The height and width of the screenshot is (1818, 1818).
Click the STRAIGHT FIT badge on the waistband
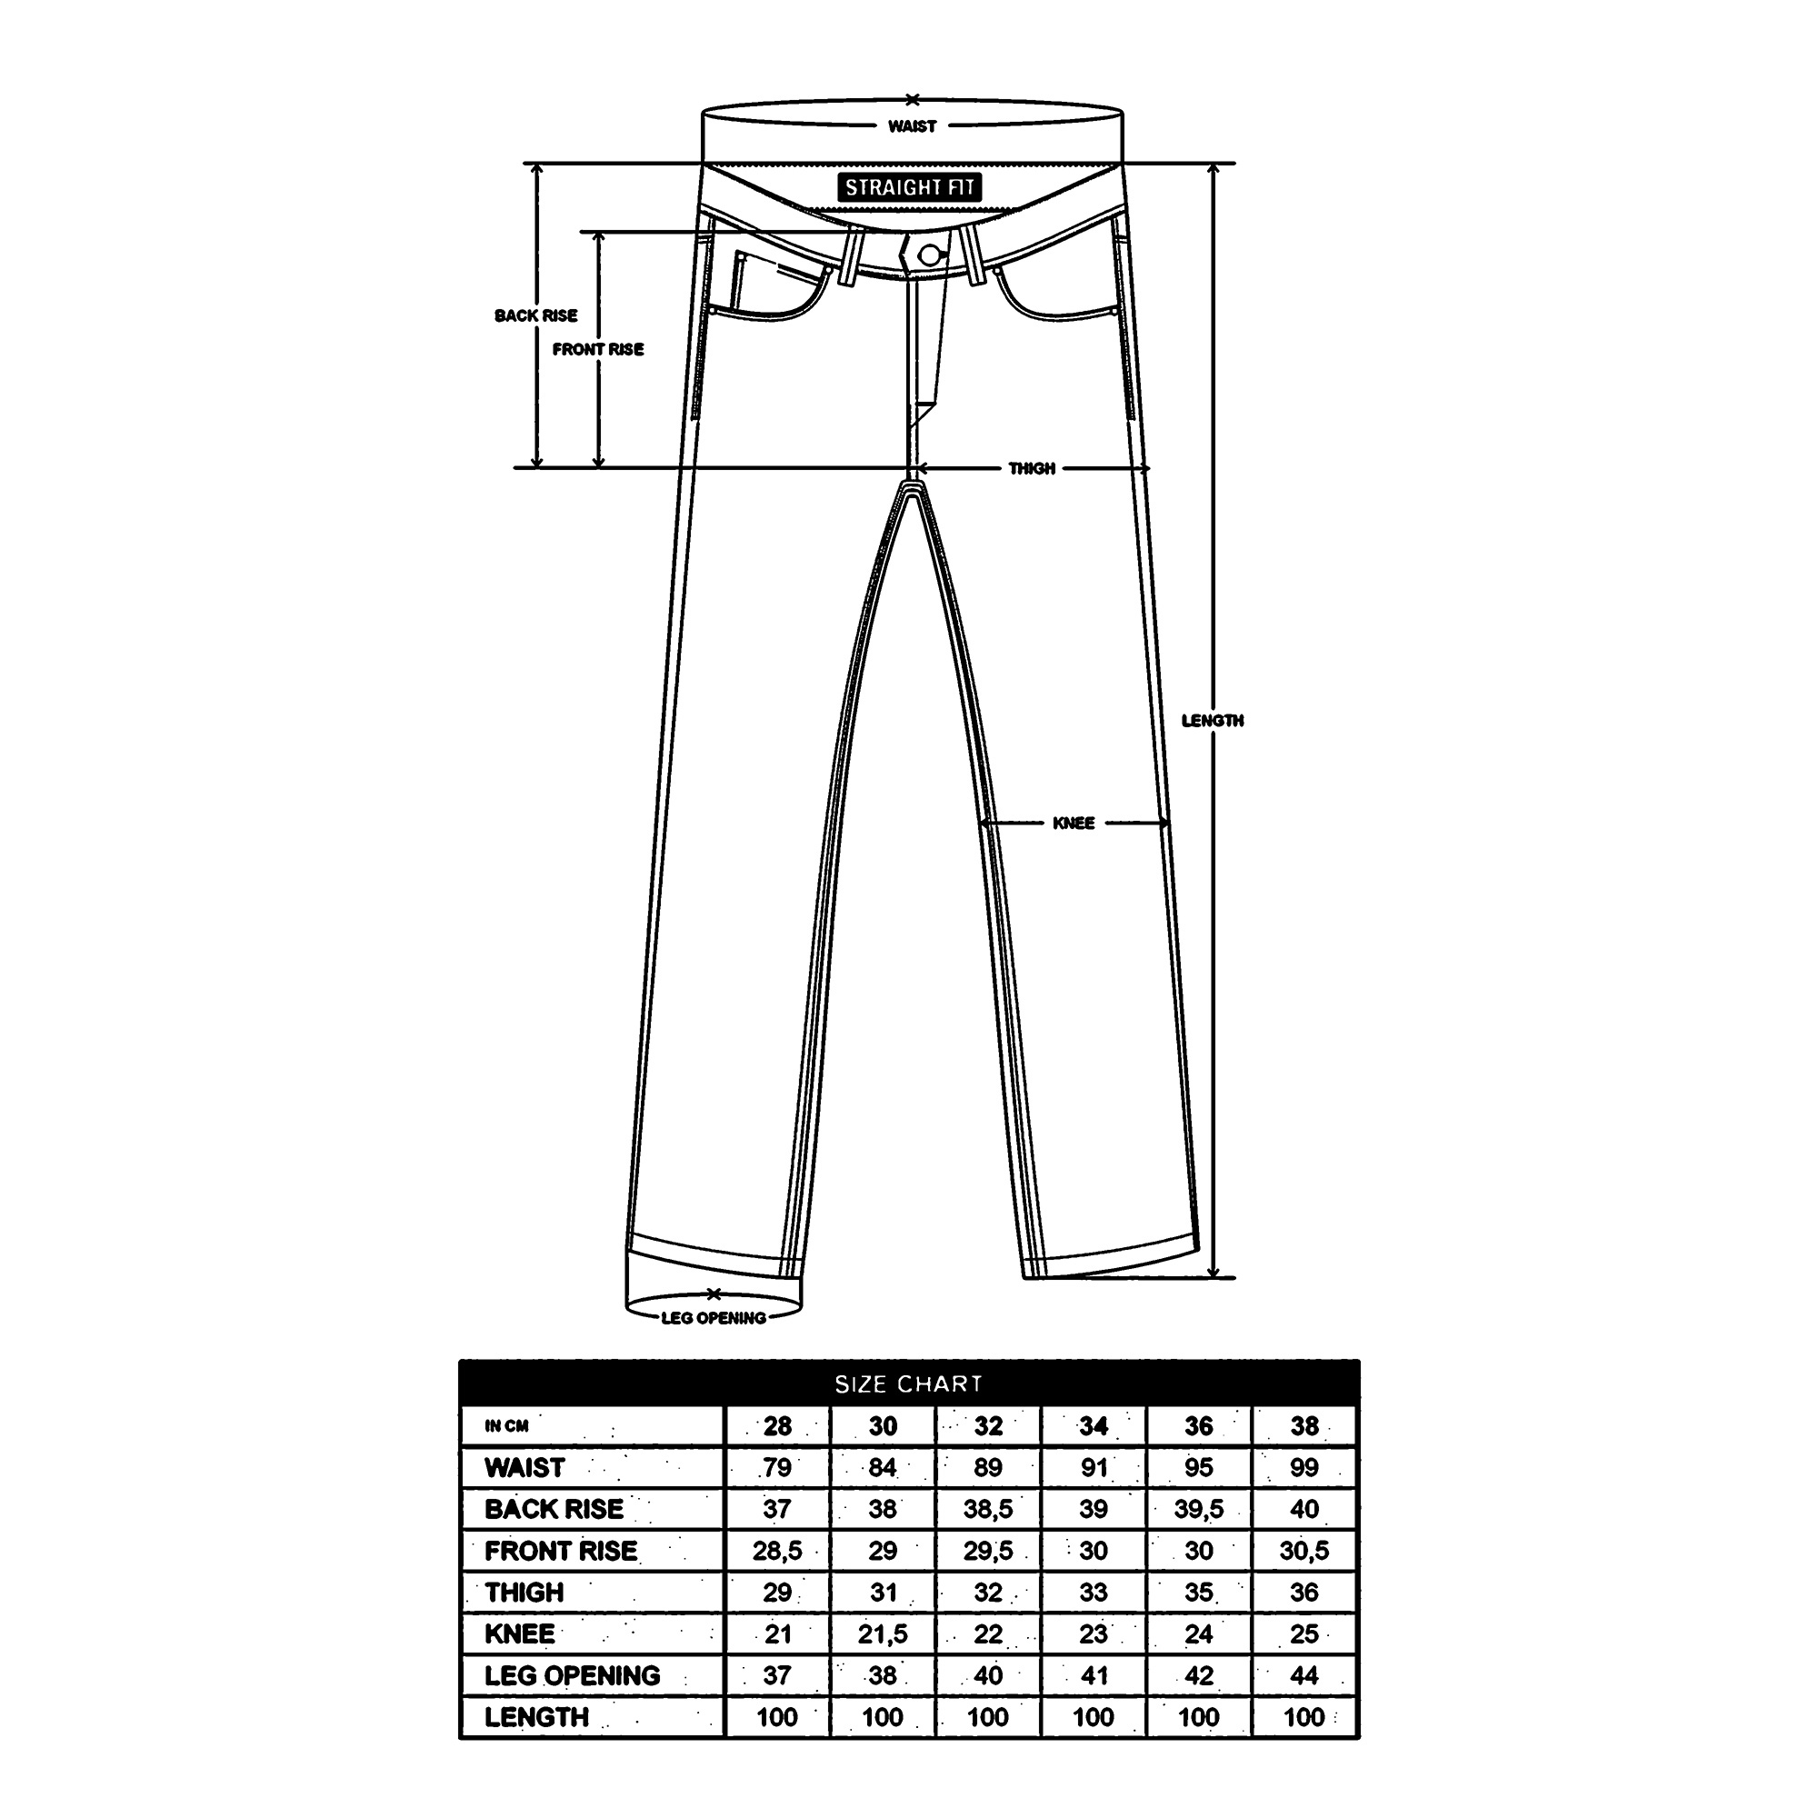(x=909, y=187)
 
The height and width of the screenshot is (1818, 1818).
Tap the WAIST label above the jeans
(x=912, y=126)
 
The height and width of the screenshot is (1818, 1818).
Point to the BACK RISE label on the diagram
(x=536, y=315)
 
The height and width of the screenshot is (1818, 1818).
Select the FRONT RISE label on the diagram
(x=598, y=349)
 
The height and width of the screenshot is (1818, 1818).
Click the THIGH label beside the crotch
(x=1033, y=467)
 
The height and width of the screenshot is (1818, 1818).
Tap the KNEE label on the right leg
(x=1074, y=823)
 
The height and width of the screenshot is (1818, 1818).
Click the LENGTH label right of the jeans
(x=1213, y=720)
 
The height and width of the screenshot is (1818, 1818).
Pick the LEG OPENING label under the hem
(x=714, y=1317)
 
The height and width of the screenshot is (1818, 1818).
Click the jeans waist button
(x=930, y=255)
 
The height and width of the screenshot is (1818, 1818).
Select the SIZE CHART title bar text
(x=909, y=1384)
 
